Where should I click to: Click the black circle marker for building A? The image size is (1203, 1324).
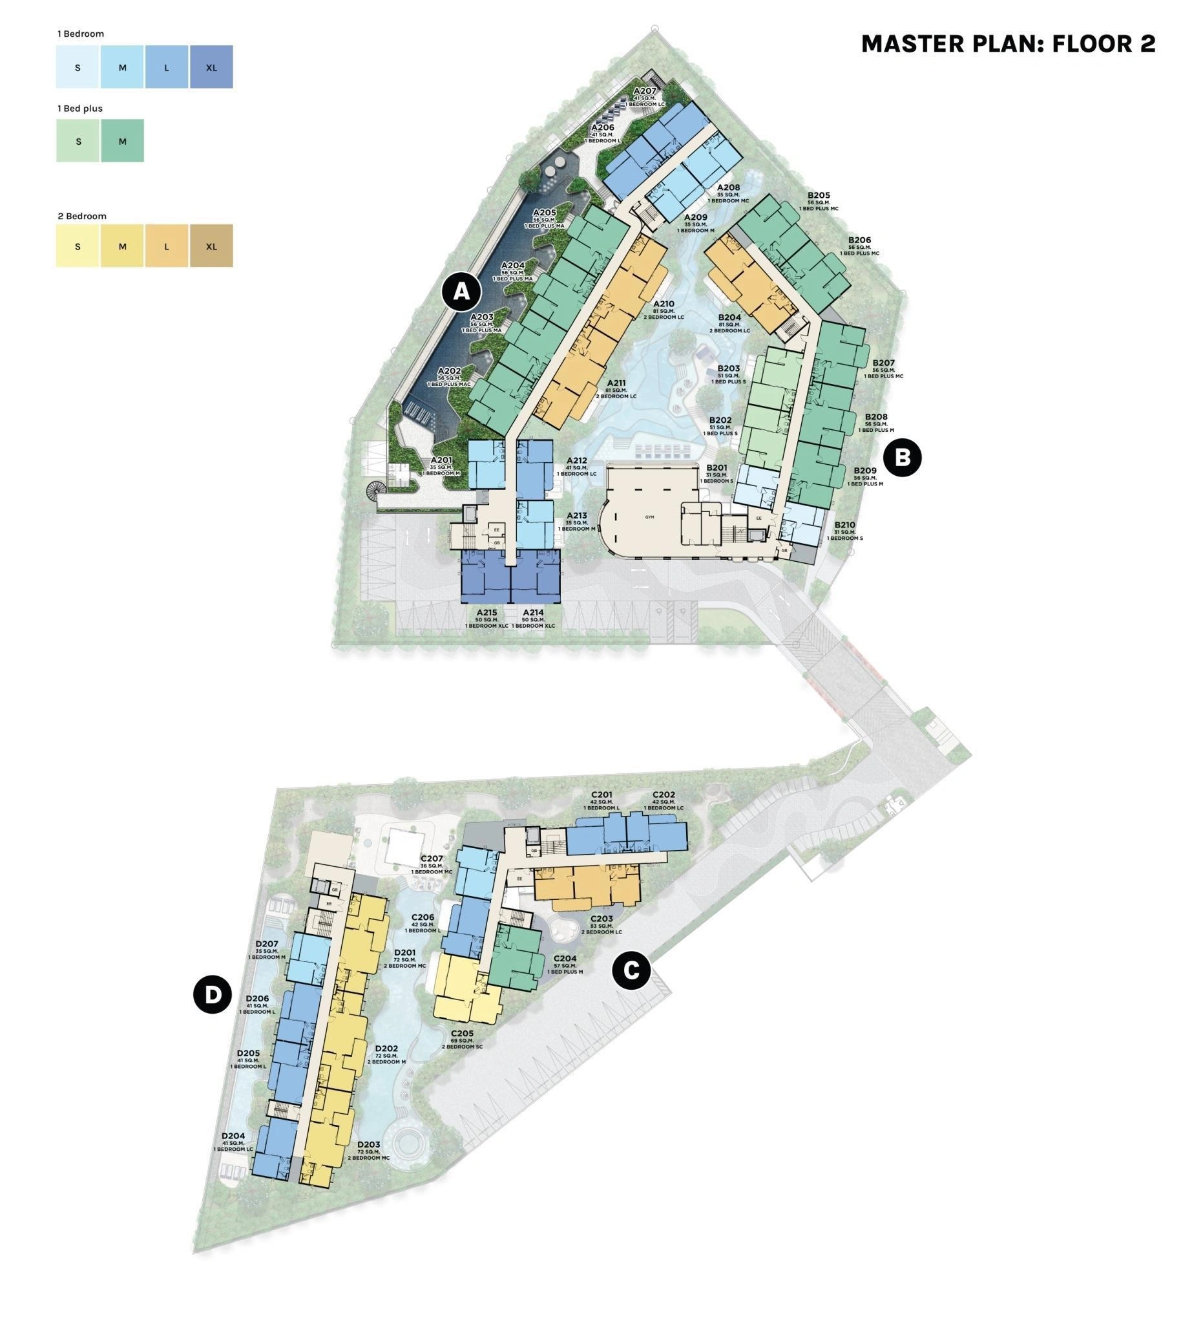pyautogui.click(x=461, y=290)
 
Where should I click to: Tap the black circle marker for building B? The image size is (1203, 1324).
pyautogui.click(x=903, y=457)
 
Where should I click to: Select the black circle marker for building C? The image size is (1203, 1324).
pyautogui.click(x=631, y=970)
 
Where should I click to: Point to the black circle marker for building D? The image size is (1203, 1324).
pyautogui.click(x=213, y=994)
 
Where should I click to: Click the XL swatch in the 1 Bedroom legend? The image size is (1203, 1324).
pyautogui.click(x=211, y=67)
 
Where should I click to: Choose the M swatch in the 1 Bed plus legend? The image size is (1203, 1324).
pyautogui.click(x=123, y=141)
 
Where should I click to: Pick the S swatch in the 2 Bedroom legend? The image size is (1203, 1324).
pyautogui.click(x=78, y=246)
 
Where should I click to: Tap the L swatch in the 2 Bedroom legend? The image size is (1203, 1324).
pyautogui.click(x=167, y=246)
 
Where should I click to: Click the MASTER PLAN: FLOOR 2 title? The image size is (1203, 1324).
pyautogui.click(x=1007, y=44)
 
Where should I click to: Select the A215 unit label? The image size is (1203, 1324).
pyautogui.click(x=486, y=612)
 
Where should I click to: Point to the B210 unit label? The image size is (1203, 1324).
pyautogui.click(x=844, y=524)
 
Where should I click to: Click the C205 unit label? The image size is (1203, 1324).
pyautogui.click(x=462, y=1032)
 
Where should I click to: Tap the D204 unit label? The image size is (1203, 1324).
pyautogui.click(x=233, y=1135)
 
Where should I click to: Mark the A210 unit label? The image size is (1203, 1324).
pyautogui.click(x=664, y=304)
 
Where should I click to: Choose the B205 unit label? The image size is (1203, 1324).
pyautogui.click(x=819, y=195)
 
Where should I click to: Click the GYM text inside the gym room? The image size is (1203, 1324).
pyautogui.click(x=650, y=517)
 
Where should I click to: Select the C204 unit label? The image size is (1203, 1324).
pyautogui.click(x=565, y=958)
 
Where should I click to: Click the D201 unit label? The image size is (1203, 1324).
pyautogui.click(x=405, y=952)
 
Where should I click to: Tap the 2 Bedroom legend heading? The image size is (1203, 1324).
pyautogui.click(x=82, y=216)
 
